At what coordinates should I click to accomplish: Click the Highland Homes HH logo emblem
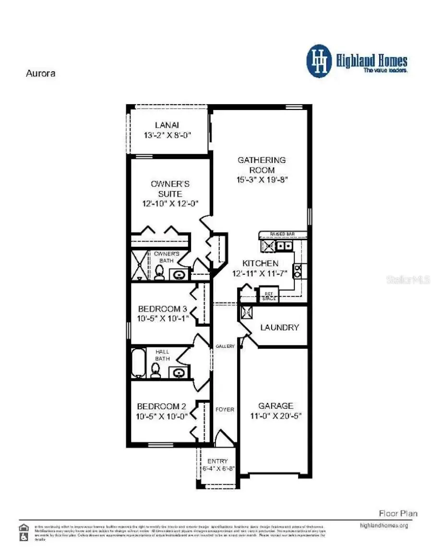(319, 61)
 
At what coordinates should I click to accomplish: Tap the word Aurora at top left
(40, 73)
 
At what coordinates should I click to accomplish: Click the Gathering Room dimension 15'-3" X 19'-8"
(262, 180)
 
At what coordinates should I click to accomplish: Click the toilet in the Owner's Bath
(159, 272)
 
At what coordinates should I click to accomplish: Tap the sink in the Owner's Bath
(180, 275)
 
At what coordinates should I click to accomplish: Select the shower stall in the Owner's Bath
(140, 265)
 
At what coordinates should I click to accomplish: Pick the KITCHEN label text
(260, 263)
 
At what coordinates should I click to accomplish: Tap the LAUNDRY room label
(279, 328)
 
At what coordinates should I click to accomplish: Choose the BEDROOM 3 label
(162, 309)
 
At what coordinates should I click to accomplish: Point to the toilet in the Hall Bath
(155, 370)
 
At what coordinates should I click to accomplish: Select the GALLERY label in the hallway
(225, 346)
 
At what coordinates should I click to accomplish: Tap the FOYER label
(225, 410)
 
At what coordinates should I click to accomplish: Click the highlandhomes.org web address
(384, 525)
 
